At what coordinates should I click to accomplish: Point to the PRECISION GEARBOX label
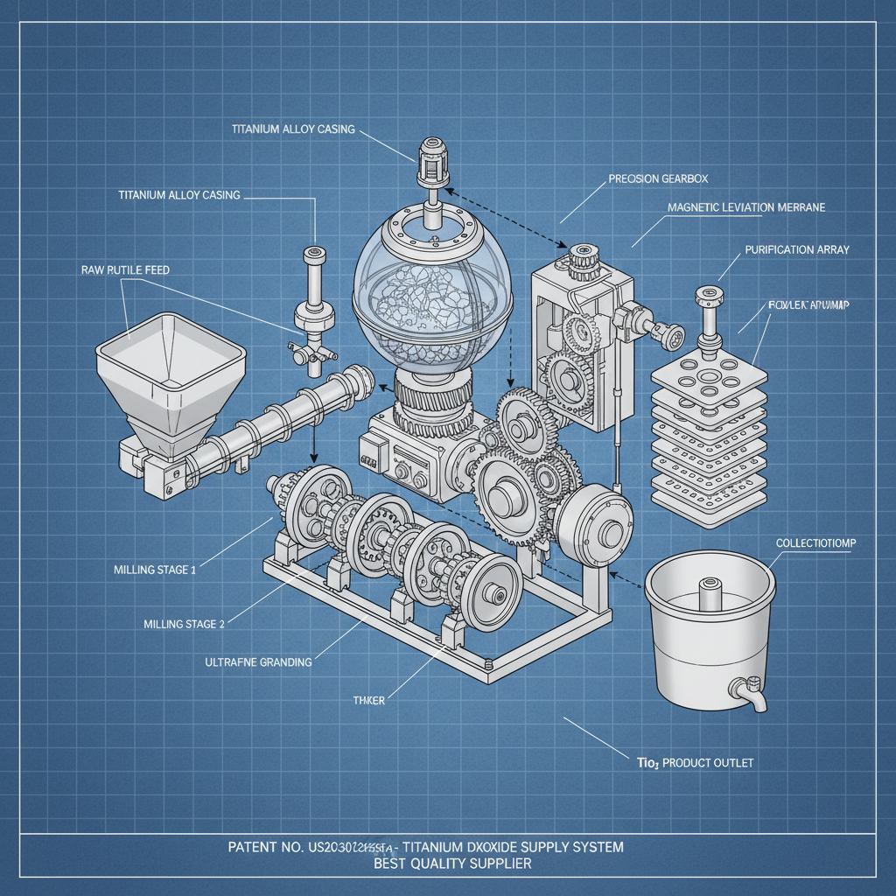[658, 178]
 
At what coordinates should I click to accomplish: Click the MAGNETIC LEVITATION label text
[745, 207]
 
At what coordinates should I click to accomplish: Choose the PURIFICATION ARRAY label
[796, 249]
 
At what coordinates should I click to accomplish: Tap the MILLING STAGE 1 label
[155, 570]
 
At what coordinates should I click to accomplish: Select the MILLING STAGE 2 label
[184, 624]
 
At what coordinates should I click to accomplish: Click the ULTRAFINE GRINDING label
[258, 661]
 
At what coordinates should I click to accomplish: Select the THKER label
[368, 700]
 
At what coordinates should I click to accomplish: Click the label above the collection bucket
[815, 543]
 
